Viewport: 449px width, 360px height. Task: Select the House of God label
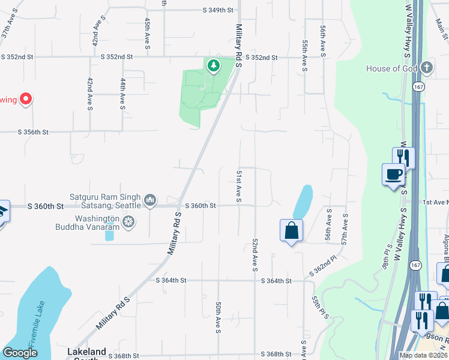pos(391,68)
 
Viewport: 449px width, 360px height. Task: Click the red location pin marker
pos(25,98)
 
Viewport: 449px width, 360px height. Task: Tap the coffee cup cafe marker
pos(393,175)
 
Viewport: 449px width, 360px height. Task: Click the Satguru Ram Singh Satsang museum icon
pos(150,199)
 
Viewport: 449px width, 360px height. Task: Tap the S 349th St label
pos(217,10)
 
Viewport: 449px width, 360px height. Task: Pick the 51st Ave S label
pos(238,186)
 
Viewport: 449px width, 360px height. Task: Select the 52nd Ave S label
pos(255,253)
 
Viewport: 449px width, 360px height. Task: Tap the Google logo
pos(20,353)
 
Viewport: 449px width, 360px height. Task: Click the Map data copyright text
pos(423,355)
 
